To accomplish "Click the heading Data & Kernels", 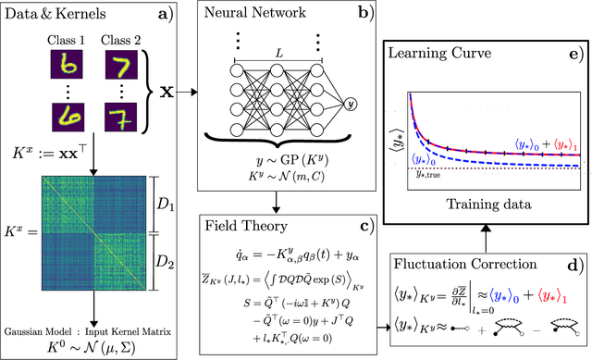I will click(55, 15).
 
